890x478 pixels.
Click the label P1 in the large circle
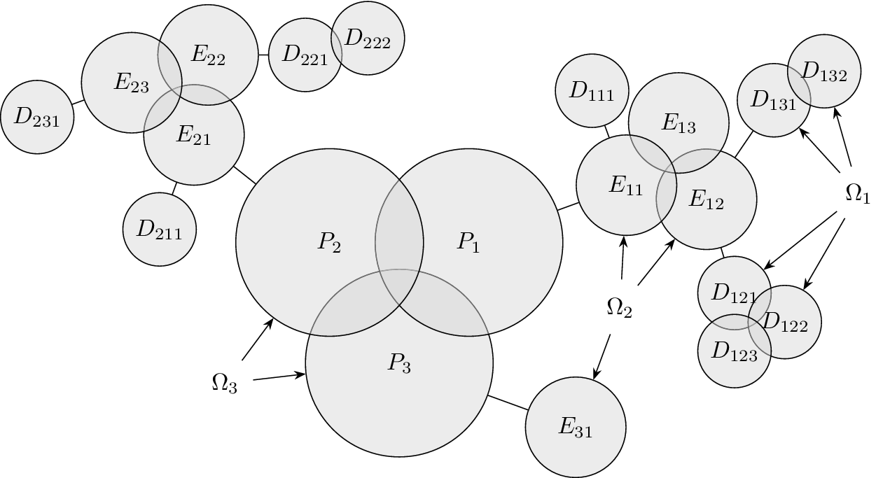click(468, 243)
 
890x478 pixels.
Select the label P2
click(329, 243)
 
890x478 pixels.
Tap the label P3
click(399, 363)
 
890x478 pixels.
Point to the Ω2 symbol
click(619, 307)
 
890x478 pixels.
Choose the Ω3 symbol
click(224, 384)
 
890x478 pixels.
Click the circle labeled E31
click(576, 428)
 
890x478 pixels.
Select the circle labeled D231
click(37, 118)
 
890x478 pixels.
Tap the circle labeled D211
click(159, 230)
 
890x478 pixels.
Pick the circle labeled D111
click(592, 90)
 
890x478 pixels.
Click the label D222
click(368, 39)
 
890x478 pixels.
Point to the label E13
click(679, 122)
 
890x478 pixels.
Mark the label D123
click(734, 352)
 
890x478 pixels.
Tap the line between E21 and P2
click(244, 175)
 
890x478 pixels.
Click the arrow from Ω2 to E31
click(602, 357)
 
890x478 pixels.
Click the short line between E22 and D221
click(263, 55)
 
